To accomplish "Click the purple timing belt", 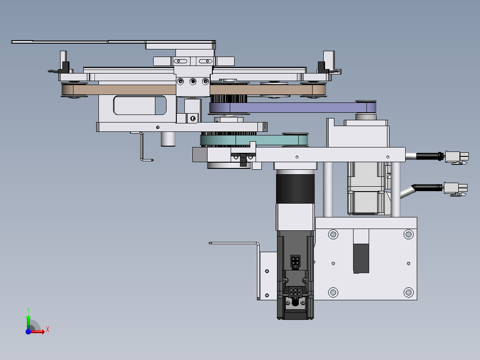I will tap(289, 108).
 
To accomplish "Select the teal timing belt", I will tap(267, 141).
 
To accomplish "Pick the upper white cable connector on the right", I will tap(457, 157).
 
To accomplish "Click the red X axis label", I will tap(47, 329).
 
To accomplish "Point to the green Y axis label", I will tap(28, 310).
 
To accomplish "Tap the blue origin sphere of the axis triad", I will tap(28, 331).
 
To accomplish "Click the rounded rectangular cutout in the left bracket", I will tap(140, 106).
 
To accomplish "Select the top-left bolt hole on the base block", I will tap(333, 234).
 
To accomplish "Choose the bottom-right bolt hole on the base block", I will tap(408, 292).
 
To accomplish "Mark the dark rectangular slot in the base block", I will tap(361, 258).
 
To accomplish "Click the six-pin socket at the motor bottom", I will tap(295, 293).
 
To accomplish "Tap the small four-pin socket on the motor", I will tap(295, 261).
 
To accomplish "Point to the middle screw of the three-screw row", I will tap(192, 81).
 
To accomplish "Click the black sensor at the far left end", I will tap(65, 67).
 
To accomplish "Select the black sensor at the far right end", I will tap(321, 67).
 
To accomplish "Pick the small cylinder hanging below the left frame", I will tap(167, 139).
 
